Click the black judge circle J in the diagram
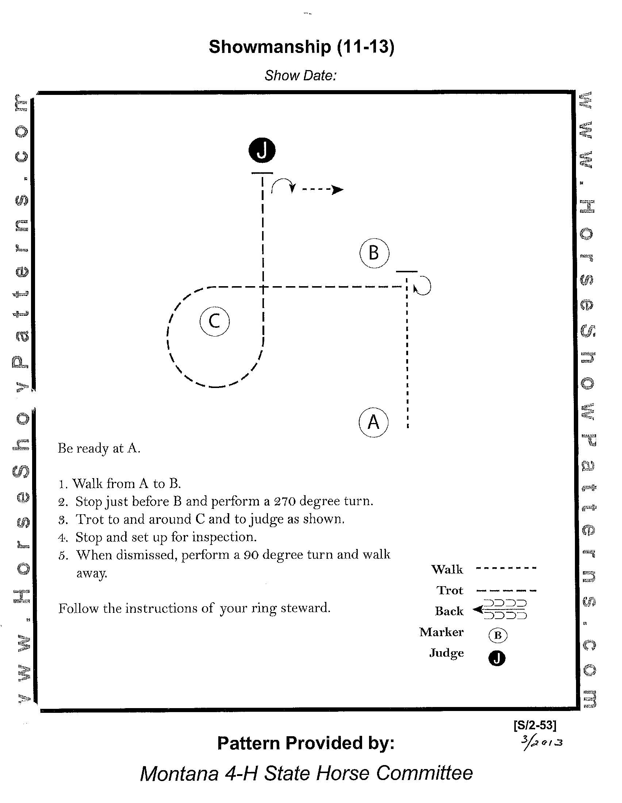262,150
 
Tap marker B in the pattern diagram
374,253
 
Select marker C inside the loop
215,321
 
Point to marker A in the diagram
373,422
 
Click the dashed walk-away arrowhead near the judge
337,190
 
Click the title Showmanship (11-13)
301,47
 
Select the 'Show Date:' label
300,76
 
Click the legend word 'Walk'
447,569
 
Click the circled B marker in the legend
498,635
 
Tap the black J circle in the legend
497,658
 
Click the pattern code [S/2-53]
535,725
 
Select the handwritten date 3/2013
541,741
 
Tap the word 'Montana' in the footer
179,773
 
